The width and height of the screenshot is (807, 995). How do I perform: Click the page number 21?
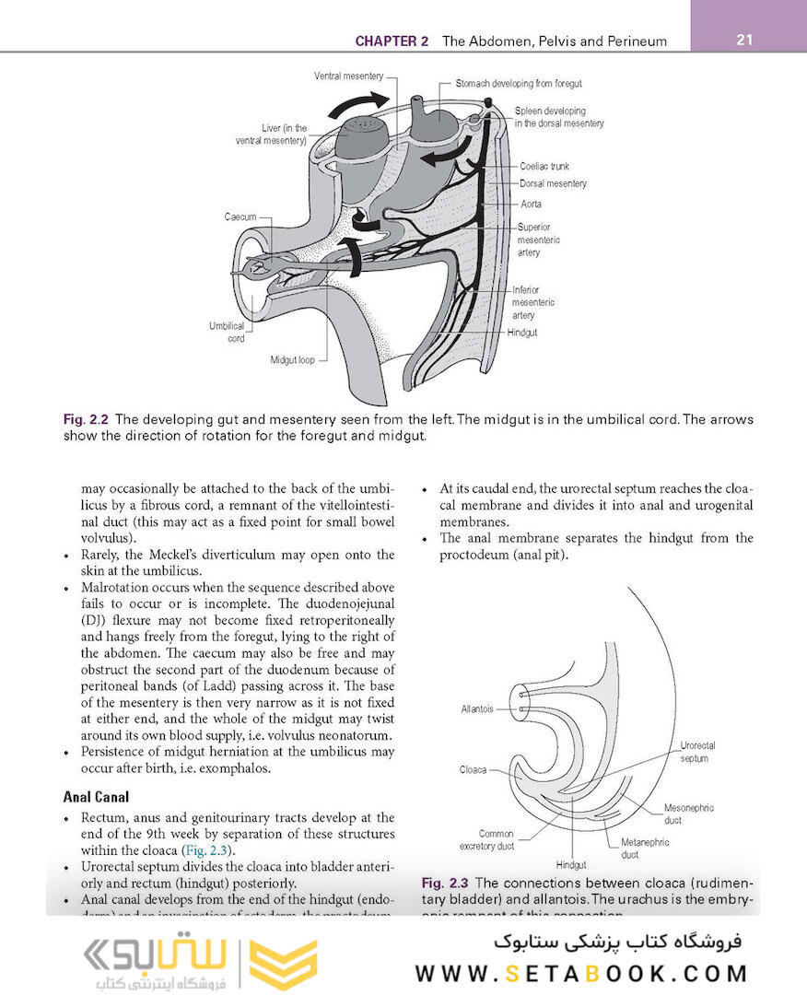(x=745, y=40)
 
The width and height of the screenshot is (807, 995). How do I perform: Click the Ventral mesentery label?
(x=348, y=76)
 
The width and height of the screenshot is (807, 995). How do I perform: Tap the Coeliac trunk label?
(x=544, y=167)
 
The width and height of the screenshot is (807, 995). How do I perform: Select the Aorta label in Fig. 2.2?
(x=531, y=205)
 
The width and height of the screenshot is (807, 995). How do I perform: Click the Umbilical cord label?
(x=228, y=332)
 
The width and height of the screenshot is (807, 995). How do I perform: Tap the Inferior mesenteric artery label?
(x=533, y=302)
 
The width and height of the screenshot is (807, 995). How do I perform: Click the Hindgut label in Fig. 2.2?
(x=522, y=333)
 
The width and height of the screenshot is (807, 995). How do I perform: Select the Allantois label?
(x=477, y=709)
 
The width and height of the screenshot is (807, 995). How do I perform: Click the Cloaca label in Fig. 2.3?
(x=474, y=769)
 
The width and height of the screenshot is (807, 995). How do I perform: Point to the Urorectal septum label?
(x=697, y=752)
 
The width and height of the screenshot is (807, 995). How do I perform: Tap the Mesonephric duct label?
(x=688, y=814)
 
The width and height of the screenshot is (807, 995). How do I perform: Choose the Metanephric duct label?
(x=645, y=849)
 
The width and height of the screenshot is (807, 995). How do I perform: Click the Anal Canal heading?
(x=96, y=796)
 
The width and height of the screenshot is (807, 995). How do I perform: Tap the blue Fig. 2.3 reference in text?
(x=210, y=849)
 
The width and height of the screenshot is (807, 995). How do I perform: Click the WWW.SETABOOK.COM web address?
(x=581, y=973)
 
